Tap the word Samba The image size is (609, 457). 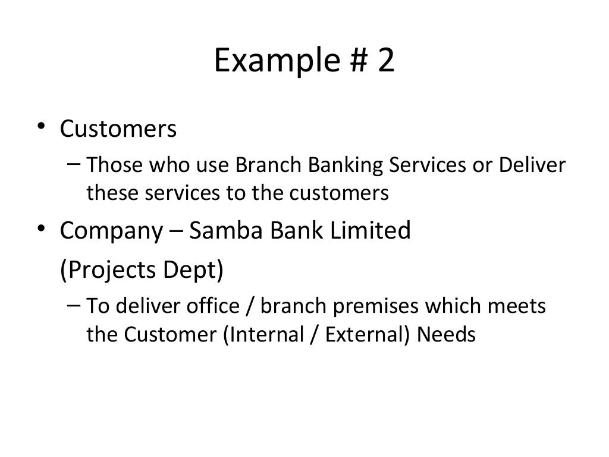[225, 230]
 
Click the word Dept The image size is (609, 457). [196, 271]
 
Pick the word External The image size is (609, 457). [367, 334]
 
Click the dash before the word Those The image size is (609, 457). [76, 163]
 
